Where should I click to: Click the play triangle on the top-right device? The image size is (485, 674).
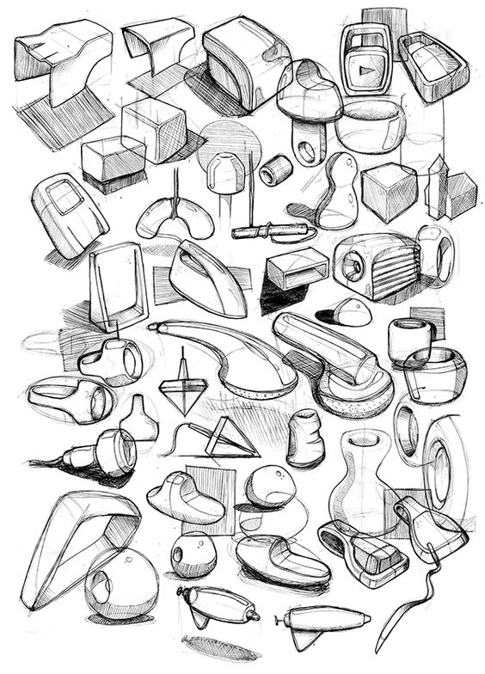click(x=364, y=65)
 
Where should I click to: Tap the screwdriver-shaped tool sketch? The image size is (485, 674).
click(x=268, y=231)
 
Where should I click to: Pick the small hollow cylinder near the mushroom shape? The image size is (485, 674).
click(x=277, y=170)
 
